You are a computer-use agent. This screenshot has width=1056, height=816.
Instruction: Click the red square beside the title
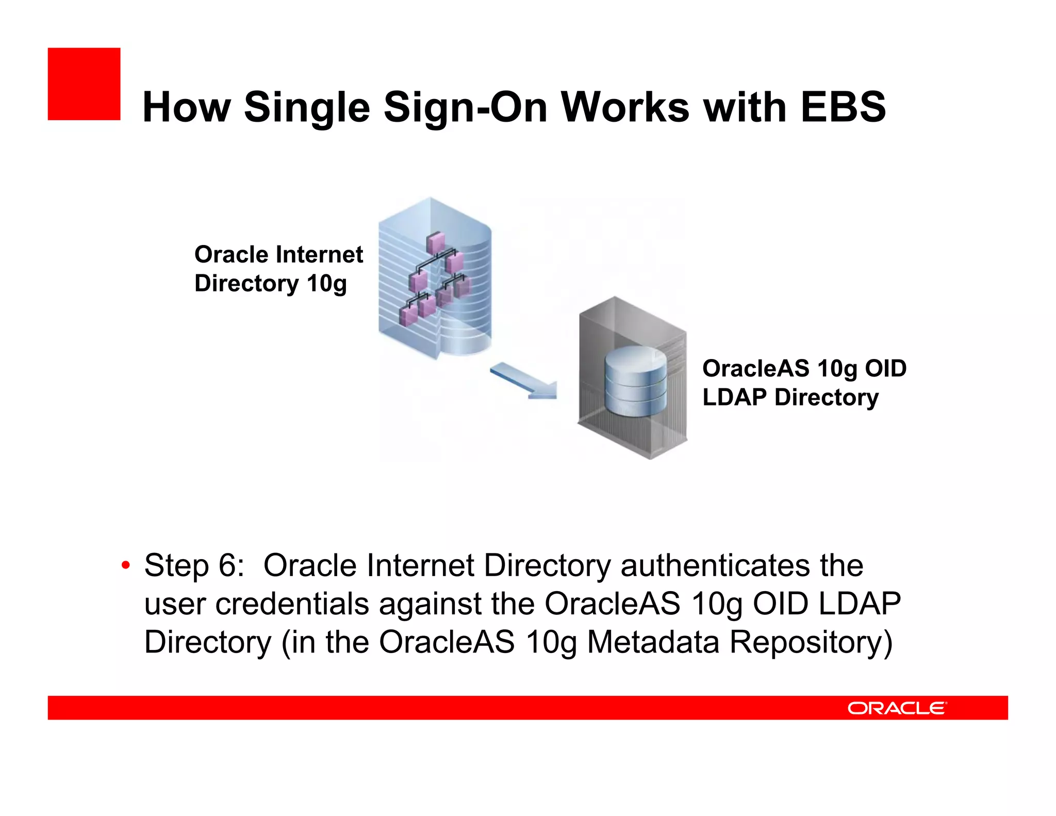(84, 84)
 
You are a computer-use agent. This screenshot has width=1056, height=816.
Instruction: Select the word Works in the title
(625, 107)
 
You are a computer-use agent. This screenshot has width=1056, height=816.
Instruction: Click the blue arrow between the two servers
(524, 381)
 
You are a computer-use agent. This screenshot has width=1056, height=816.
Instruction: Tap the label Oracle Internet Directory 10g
(278, 269)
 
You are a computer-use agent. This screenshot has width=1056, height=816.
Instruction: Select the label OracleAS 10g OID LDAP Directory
(804, 383)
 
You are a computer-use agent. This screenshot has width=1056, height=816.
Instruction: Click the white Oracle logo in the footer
(897, 708)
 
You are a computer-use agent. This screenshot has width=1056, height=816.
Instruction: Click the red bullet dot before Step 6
(125, 565)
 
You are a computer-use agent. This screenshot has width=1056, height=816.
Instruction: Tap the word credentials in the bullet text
(292, 604)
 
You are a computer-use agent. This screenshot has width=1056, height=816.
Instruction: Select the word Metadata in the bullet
(653, 642)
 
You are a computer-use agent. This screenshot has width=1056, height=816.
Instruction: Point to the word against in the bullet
(430, 604)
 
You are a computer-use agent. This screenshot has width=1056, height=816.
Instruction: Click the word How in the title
(186, 107)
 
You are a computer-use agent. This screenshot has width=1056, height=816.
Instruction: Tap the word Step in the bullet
(177, 566)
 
